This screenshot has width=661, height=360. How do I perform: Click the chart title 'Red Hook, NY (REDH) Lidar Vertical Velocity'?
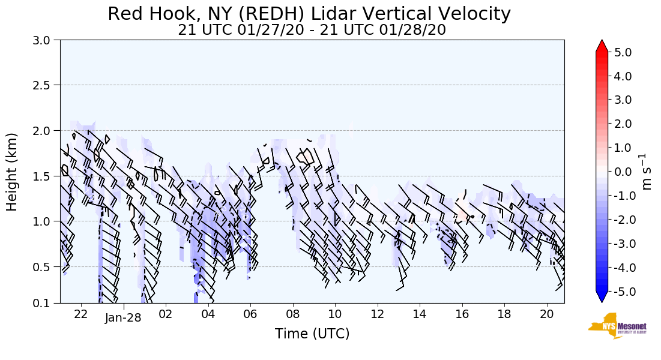(309, 14)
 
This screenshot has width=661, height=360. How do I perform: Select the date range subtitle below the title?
(312, 30)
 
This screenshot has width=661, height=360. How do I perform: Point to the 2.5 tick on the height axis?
(45, 85)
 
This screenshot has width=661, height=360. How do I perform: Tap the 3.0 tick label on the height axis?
(45, 40)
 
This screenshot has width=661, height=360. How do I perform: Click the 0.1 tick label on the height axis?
(45, 304)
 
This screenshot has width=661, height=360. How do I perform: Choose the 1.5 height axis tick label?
(45, 176)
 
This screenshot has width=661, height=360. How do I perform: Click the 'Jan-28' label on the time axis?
(123, 317)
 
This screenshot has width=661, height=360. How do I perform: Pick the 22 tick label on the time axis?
(81, 314)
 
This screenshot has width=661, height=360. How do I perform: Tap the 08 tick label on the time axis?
(293, 314)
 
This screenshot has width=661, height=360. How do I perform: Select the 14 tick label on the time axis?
(420, 314)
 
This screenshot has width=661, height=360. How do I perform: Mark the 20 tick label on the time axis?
(546, 314)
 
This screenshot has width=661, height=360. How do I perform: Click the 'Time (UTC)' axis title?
(312, 334)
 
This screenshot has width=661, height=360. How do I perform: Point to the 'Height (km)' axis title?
(12, 172)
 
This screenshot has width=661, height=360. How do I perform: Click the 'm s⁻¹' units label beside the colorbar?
(647, 172)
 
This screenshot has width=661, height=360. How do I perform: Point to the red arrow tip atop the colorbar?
(602, 44)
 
